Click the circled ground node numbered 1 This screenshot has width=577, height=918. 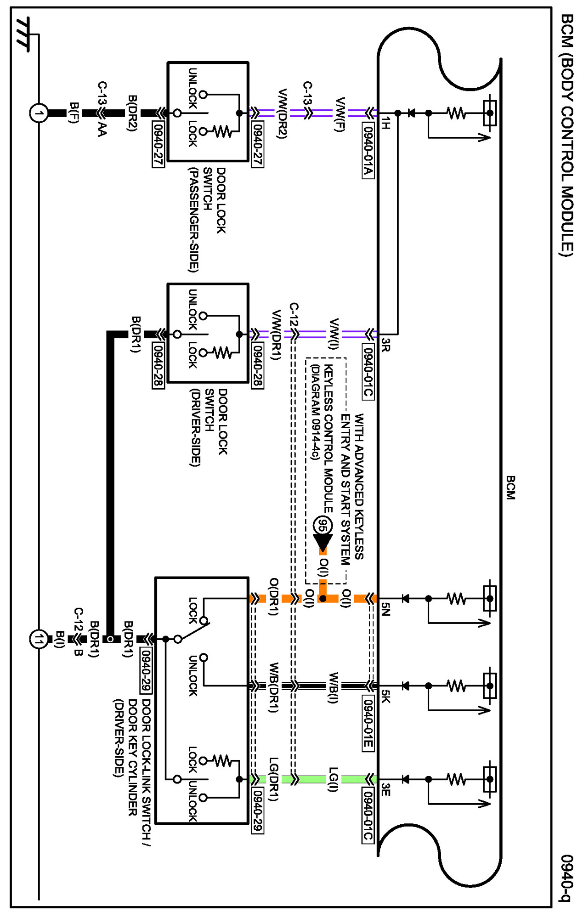(x=39, y=113)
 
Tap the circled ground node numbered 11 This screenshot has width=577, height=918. (x=39, y=639)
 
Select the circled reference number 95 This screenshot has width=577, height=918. (x=322, y=526)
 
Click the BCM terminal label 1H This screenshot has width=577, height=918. (x=386, y=123)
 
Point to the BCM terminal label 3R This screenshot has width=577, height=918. (x=386, y=345)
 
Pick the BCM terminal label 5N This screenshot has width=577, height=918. (x=386, y=609)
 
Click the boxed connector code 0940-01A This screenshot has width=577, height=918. (x=368, y=151)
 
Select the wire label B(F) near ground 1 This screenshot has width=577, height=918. (x=74, y=113)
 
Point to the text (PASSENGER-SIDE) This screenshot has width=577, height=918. (x=194, y=220)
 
